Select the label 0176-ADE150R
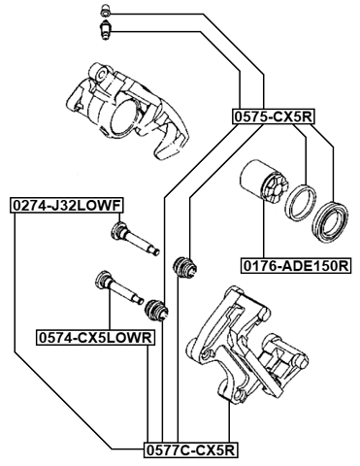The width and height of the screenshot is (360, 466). [295, 263]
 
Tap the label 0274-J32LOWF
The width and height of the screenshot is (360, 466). [65, 206]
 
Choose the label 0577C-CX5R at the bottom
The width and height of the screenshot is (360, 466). [190, 449]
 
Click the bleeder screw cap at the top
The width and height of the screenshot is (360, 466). [107, 13]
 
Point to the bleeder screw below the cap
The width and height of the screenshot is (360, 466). [108, 31]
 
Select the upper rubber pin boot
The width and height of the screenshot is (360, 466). [182, 268]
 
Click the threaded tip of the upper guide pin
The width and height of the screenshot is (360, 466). [153, 250]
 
